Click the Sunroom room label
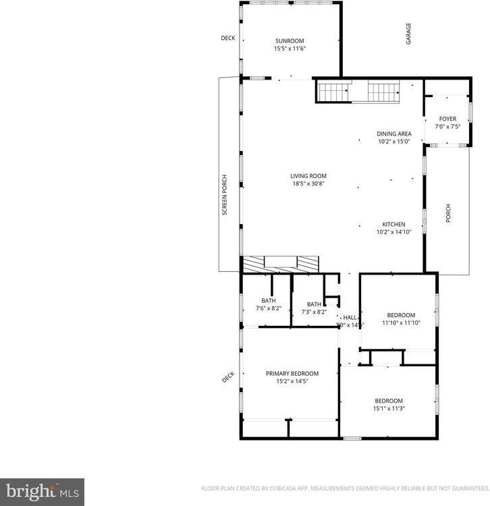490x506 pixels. tap(289, 41)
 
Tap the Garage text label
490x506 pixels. tap(408, 34)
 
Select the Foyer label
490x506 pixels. tap(447, 119)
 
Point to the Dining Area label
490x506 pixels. tap(394, 134)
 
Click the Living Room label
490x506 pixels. tap(308, 176)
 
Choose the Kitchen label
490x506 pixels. tap(393, 224)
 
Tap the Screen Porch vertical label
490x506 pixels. tap(225, 195)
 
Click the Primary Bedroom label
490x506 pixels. tap(292, 373)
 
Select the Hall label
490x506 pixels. tap(350, 317)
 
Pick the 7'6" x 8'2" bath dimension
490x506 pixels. tap(269, 308)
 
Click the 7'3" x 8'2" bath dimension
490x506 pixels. tap(314, 312)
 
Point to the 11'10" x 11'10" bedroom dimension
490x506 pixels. tap(401, 323)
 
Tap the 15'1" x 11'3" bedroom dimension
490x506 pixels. tap(389, 408)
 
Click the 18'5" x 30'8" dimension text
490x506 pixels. tap(308, 184)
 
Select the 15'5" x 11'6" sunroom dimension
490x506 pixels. tap(289, 49)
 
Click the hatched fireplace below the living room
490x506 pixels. tap(279, 264)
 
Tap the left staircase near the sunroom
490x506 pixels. tap(334, 91)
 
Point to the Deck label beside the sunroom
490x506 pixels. tap(228, 38)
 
